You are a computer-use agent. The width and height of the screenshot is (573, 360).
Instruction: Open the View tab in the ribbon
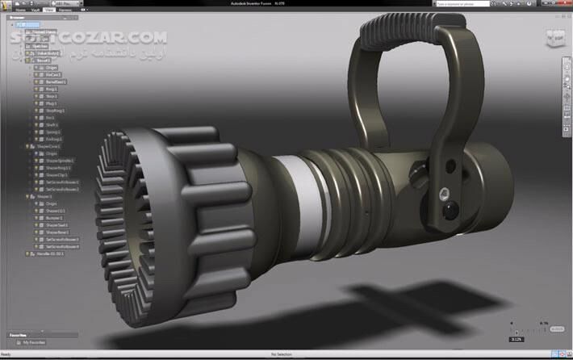(49, 10)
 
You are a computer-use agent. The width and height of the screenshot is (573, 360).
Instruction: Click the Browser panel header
(18, 17)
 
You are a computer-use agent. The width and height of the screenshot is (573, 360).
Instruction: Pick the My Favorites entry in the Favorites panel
(35, 343)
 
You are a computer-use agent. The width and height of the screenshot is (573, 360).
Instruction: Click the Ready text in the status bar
(6, 354)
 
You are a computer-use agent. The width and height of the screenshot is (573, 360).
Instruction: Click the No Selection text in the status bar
(281, 354)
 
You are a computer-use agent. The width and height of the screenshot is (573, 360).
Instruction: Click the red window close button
(565, 3)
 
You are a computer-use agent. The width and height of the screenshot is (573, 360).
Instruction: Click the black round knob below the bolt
(447, 211)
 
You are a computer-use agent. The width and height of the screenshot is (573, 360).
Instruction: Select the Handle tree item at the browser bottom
(48, 253)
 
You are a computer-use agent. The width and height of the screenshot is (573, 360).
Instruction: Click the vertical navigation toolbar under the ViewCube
(567, 97)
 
